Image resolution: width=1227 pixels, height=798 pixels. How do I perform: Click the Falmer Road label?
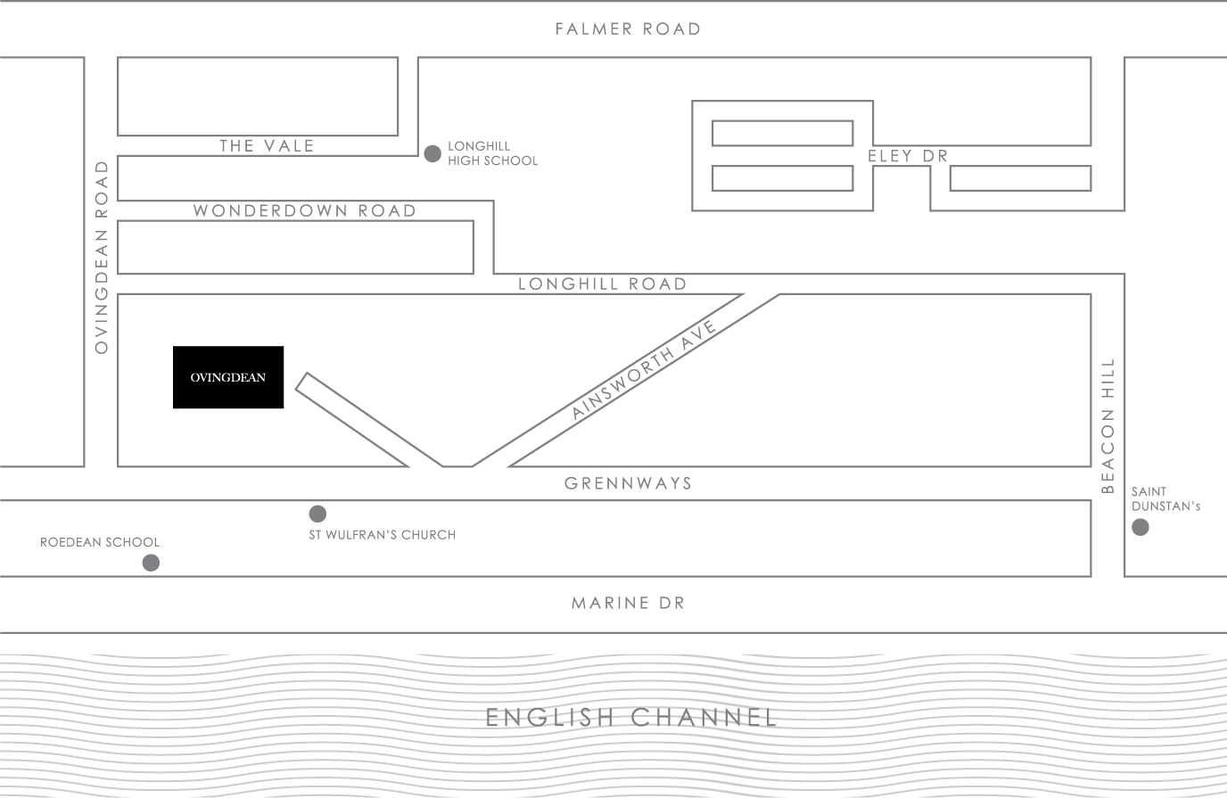click(x=628, y=29)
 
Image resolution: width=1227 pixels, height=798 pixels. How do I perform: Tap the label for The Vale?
click(x=267, y=146)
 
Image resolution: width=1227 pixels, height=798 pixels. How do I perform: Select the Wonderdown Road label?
click(x=305, y=211)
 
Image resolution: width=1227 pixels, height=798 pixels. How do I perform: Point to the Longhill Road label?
click(x=602, y=284)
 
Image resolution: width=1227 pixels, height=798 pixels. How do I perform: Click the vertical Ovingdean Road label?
click(x=102, y=257)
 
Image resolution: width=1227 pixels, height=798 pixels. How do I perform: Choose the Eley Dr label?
click(x=907, y=156)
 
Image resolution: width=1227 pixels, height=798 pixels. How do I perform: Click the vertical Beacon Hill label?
click(x=1108, y=426)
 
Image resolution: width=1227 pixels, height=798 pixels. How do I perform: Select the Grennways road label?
click(x=628, y=483)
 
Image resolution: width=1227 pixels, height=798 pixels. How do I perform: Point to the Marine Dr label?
click(x=628, y=604)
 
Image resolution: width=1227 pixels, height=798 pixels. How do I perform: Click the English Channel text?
click(x=631, y=718)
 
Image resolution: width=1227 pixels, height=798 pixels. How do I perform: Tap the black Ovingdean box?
click(x=228, y=377)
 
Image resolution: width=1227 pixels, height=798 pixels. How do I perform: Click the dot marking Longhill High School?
click(x=432, y=154)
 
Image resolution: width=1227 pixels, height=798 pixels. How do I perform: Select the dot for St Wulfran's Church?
click(x=317, y=514)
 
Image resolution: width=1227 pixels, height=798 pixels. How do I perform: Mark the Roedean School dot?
click(x=152, y=563)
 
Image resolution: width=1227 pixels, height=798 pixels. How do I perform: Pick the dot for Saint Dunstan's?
click(x=1141, y=528)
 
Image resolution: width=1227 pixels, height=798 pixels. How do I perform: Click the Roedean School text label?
click(x=100, y=542)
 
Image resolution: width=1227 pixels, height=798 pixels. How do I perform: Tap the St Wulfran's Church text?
click(x=382, y=535)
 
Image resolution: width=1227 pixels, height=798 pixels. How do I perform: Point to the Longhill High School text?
click(x=492, y=153)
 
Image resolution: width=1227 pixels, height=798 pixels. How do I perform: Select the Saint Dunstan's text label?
click(x=1165, y=498)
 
